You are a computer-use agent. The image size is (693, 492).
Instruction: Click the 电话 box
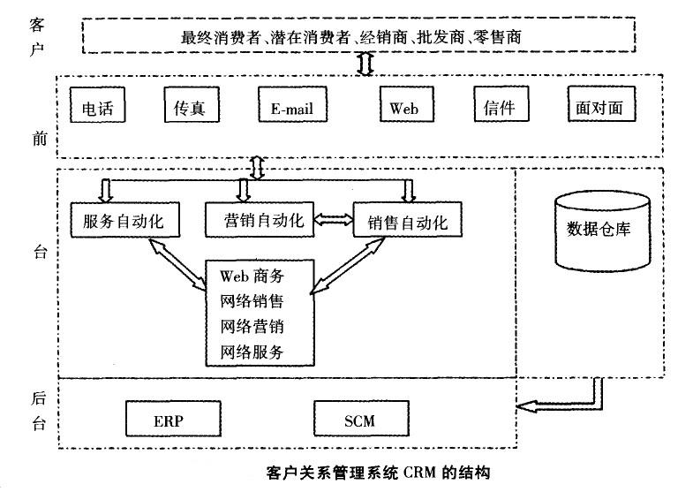(97, 109)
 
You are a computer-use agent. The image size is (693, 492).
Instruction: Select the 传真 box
(184, 108)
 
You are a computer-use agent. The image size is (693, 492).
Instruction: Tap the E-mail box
(287, 109)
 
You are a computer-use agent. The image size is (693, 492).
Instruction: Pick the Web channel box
(404, 108)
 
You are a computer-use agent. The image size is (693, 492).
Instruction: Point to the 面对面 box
(599, 108)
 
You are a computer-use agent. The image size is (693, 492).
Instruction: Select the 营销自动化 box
(257, 219)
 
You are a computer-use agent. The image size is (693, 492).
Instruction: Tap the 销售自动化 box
(406, 221)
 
